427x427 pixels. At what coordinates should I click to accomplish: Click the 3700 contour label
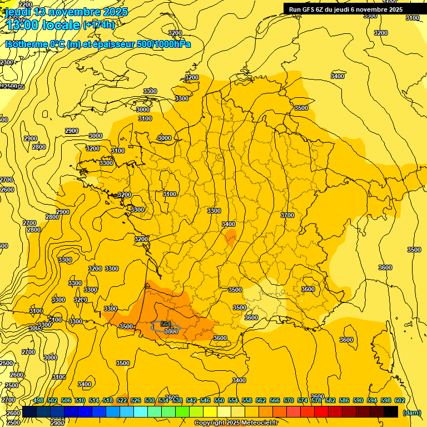287,215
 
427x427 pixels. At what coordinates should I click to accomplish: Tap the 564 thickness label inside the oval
166,324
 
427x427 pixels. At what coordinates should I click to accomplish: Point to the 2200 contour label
26,4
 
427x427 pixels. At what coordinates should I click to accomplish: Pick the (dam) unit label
411,413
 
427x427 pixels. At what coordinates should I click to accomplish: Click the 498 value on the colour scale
38,400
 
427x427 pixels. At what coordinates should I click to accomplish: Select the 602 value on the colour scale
399,400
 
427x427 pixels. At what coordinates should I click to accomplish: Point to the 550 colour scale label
219,400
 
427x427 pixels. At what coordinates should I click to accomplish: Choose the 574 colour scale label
302,400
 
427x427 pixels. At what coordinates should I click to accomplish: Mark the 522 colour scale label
122,400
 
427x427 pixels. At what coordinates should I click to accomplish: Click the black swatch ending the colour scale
391,412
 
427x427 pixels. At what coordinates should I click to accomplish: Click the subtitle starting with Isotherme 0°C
98,44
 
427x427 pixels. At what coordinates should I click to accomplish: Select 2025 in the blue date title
115,12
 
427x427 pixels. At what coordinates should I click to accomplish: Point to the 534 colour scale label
163,400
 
